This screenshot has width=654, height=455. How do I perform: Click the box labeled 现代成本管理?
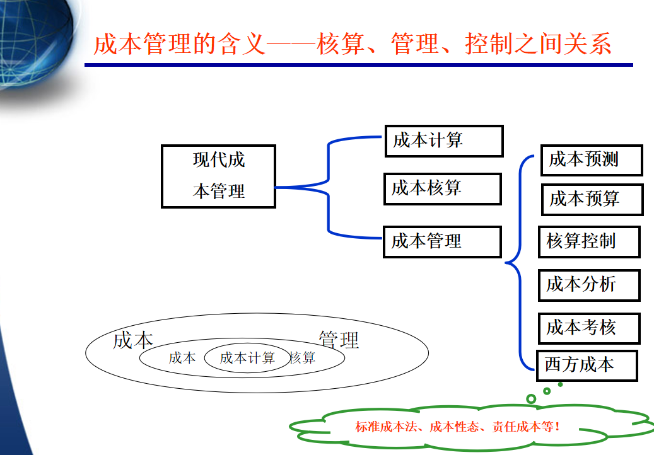coord(218,176)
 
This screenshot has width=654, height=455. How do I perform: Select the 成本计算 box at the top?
coord(444,141)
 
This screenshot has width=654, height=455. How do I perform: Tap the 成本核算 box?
coord(442,188)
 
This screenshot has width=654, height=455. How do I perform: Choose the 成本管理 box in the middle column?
coord(442,241)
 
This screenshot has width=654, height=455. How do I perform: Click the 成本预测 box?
coord(591,160)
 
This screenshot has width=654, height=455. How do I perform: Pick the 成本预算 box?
coord(592,199)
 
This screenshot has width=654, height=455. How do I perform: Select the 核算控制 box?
coord(589,242)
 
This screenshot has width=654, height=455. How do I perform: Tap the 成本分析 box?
coord(589,285)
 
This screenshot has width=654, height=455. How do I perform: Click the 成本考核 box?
coord(589,328)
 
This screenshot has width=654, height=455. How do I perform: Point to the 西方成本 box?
coord(587,366)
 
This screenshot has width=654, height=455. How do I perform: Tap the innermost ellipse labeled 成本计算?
coord(247,359)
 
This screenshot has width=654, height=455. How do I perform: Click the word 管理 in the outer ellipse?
coord(339,340)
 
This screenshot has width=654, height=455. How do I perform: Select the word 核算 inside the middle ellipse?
coord(303,359)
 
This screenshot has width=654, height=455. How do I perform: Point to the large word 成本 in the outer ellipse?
coord(133,341)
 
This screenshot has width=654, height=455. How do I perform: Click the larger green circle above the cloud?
coord(531,398)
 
